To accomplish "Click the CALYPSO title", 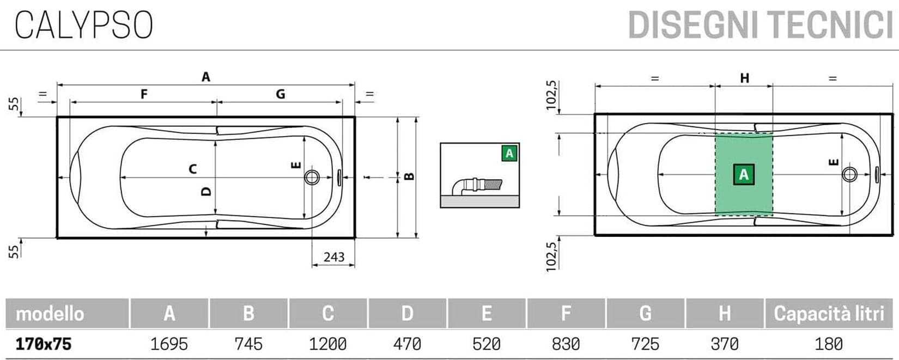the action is (x=84, y=25).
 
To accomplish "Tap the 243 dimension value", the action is (x=334, y=257).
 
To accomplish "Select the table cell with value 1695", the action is (x=169, y=344).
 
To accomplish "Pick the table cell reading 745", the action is (x=248, y=344).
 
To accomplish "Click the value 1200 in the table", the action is (x=327, y=344).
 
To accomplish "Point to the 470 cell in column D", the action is (x=407, y=344).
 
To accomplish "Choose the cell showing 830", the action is (x=566, y=344).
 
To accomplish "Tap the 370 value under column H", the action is (x=725, y=344).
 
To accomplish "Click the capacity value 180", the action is (x=829, y=344).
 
